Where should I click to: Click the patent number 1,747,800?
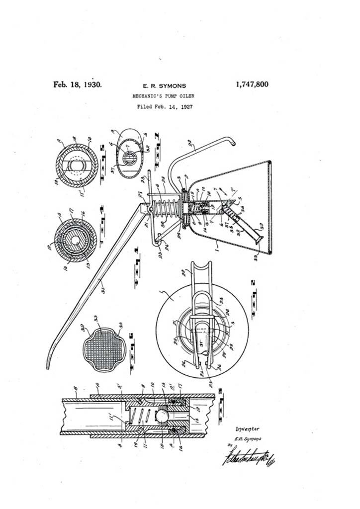click(x=252, y=85)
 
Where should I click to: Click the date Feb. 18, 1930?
click(x=78, y=85)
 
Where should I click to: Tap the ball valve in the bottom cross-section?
click(x=162, y=414)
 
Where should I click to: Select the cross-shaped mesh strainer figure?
click(x=104, y=347)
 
